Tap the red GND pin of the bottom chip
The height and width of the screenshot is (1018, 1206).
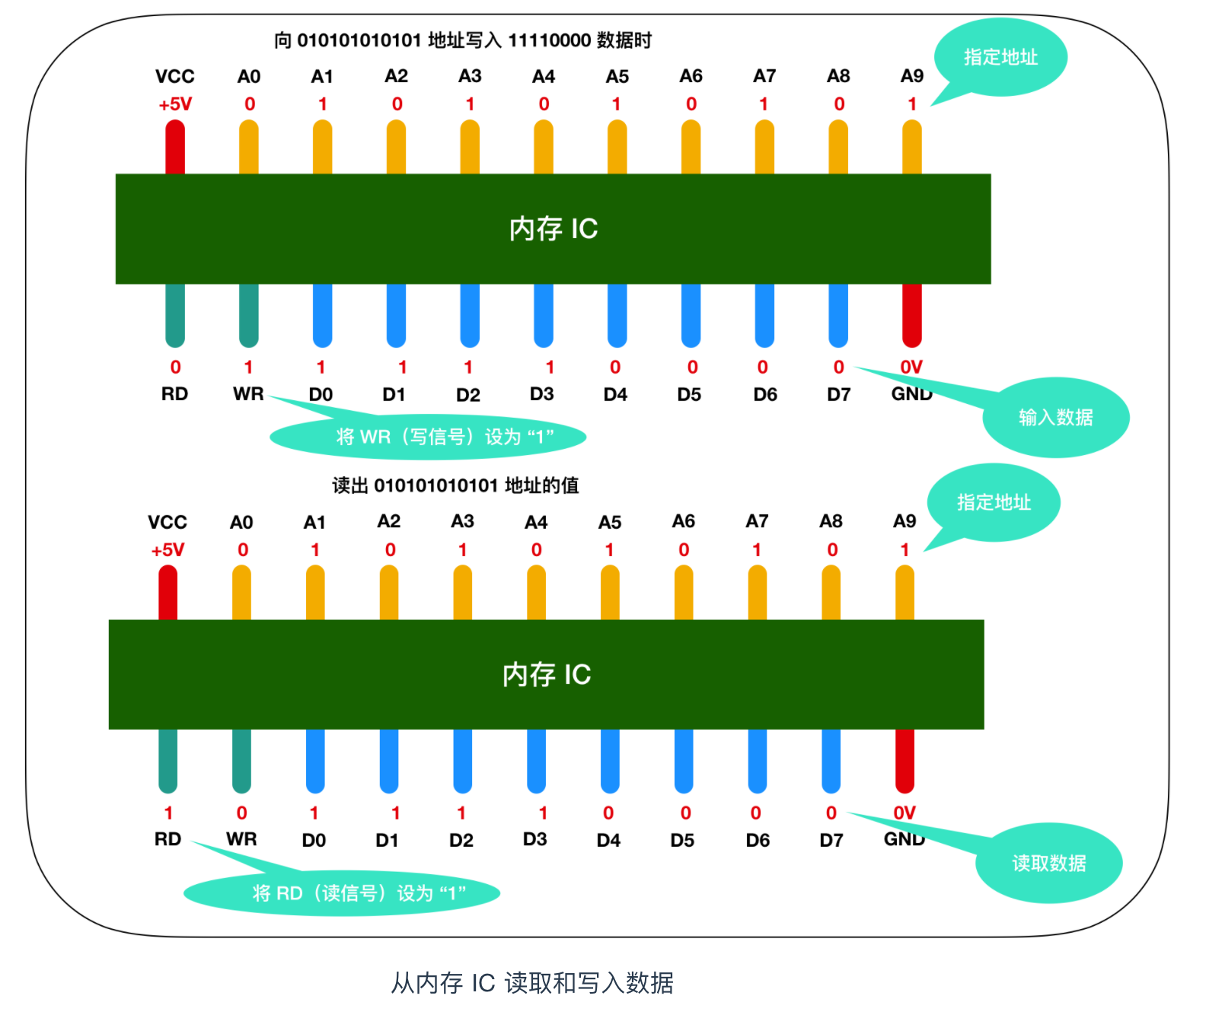904,761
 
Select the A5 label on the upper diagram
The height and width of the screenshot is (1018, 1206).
617,77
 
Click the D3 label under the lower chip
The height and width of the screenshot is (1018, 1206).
534,839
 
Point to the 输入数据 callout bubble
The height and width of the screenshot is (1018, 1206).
1055,417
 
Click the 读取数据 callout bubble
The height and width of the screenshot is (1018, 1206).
1048,863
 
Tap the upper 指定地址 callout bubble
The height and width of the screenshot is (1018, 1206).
1000,57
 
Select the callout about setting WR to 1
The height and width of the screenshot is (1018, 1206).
428,437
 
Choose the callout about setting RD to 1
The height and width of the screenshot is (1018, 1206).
343,892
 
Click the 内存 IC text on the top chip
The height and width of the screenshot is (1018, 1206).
554,228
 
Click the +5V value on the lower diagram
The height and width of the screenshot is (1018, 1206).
167,550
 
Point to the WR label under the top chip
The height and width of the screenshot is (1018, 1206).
248,394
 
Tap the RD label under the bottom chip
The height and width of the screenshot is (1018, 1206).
167,839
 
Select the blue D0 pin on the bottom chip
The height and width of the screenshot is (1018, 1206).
315,761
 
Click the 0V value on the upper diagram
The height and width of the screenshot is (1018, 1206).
911,367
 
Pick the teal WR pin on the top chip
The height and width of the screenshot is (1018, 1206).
249,315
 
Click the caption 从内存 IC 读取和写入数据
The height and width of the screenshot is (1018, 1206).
532,983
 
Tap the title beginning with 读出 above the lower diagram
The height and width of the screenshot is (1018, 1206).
455,485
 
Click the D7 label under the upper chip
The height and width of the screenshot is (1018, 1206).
838,394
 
